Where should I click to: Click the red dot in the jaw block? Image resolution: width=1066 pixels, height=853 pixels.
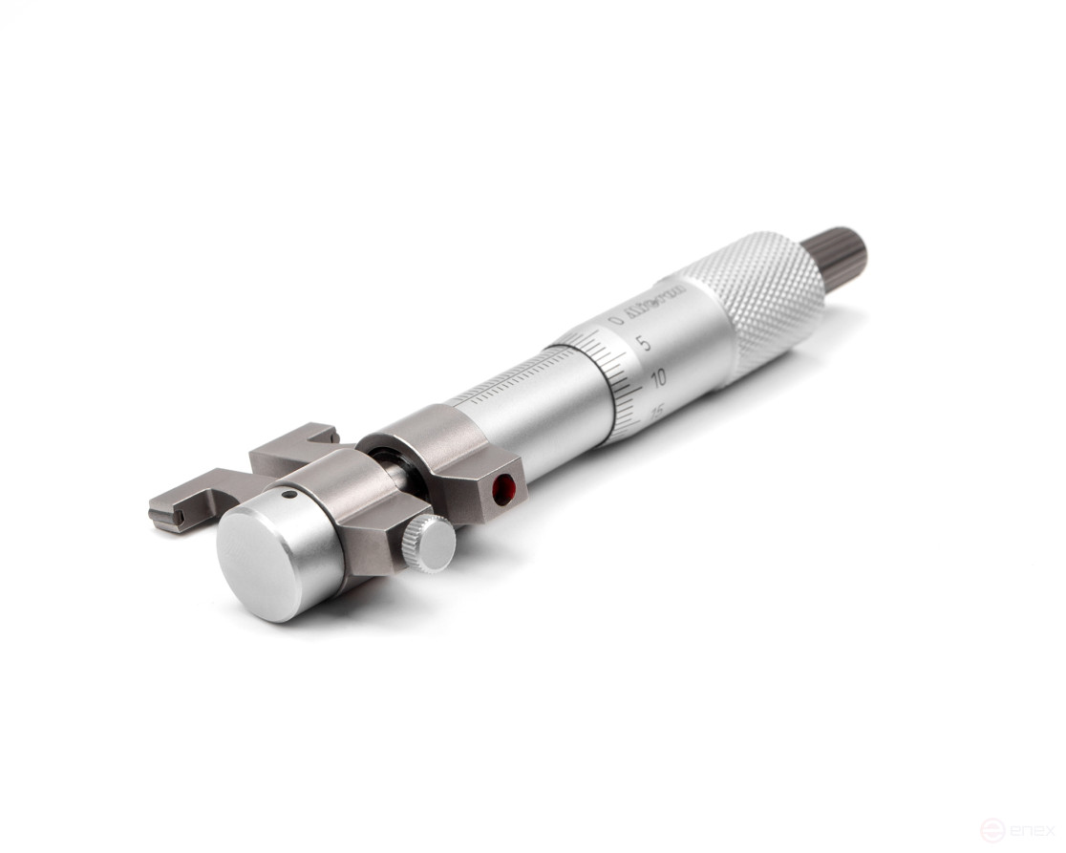pos(503,490)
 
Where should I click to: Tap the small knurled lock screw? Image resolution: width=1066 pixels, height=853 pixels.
pos(429,544)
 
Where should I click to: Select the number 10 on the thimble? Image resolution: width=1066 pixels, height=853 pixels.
pos(657,379)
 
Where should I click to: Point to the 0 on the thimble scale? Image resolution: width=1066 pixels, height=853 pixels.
pos(617,321)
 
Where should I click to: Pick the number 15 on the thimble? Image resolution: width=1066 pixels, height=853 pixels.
pos(657,410)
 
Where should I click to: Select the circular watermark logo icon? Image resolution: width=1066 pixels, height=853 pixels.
pos(992,830)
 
